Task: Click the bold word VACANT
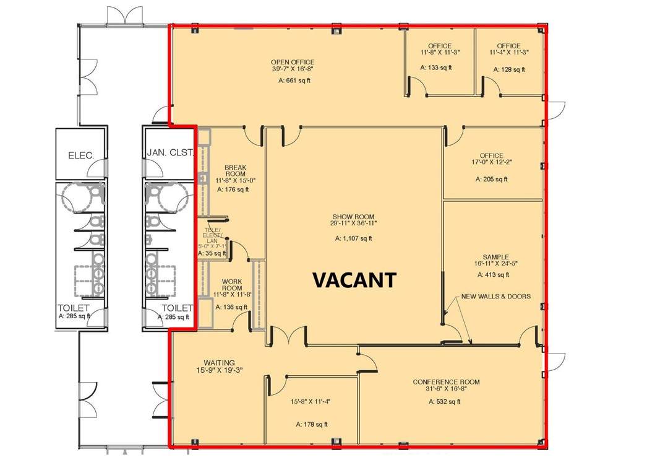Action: click(354, 280)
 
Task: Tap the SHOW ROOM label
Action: click(353, 216)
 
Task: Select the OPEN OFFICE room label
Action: click(293, 63)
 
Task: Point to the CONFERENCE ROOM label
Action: click(446, 382)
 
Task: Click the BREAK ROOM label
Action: click(235, 170)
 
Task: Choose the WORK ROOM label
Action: click(232, 285)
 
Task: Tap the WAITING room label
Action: click(219, 363)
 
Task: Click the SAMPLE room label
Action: click(495, 257)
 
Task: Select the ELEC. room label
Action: click(81, 156)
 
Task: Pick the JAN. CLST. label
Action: click(170, 152)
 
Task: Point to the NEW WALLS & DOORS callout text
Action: click(495, 296)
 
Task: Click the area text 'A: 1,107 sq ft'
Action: click(354, 238)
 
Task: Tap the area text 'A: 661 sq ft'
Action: click(294, 80)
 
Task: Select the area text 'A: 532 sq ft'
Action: click(444, 401)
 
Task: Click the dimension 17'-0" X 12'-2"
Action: click(492, 162)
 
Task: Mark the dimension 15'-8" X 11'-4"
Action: click(311, 401)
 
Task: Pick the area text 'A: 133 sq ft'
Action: click(435, 67)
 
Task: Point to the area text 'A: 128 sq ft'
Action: click(509, 69)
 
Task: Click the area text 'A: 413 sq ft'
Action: click(494, 275)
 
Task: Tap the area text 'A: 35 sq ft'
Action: click(212, 253)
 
